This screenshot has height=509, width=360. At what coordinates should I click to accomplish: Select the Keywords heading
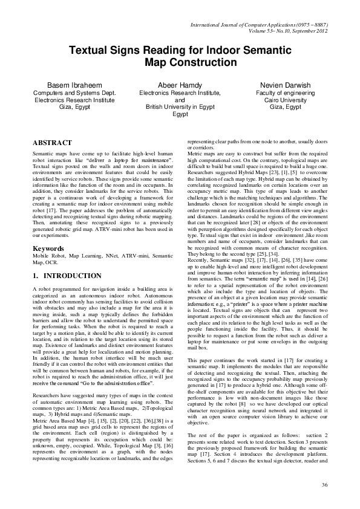pyautogui.click(x=49, y=248)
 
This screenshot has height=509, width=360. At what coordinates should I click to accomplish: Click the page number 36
pyautogui.click(x=324, y=485)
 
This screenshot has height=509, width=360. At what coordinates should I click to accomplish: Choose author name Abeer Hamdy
pyautogui.click(x=180, y=85)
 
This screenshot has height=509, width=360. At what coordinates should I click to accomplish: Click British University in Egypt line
pyautogui.click(x=180, y=106)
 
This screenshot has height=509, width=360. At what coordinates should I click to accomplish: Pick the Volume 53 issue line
pyautogui.click(x=283, y=30)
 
